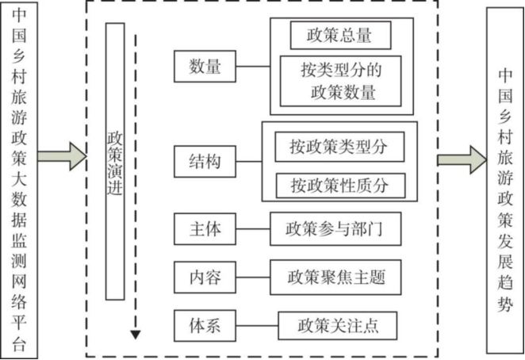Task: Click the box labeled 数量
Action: [205, 67]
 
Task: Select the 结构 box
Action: [205, 164]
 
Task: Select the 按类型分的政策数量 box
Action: [340, 80]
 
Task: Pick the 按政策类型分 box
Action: [339, 147]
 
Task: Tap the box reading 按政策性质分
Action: [340, 185]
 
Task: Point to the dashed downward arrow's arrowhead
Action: [136, 334]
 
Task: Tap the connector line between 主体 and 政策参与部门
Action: [252, 230]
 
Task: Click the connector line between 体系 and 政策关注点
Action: [256, 325]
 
